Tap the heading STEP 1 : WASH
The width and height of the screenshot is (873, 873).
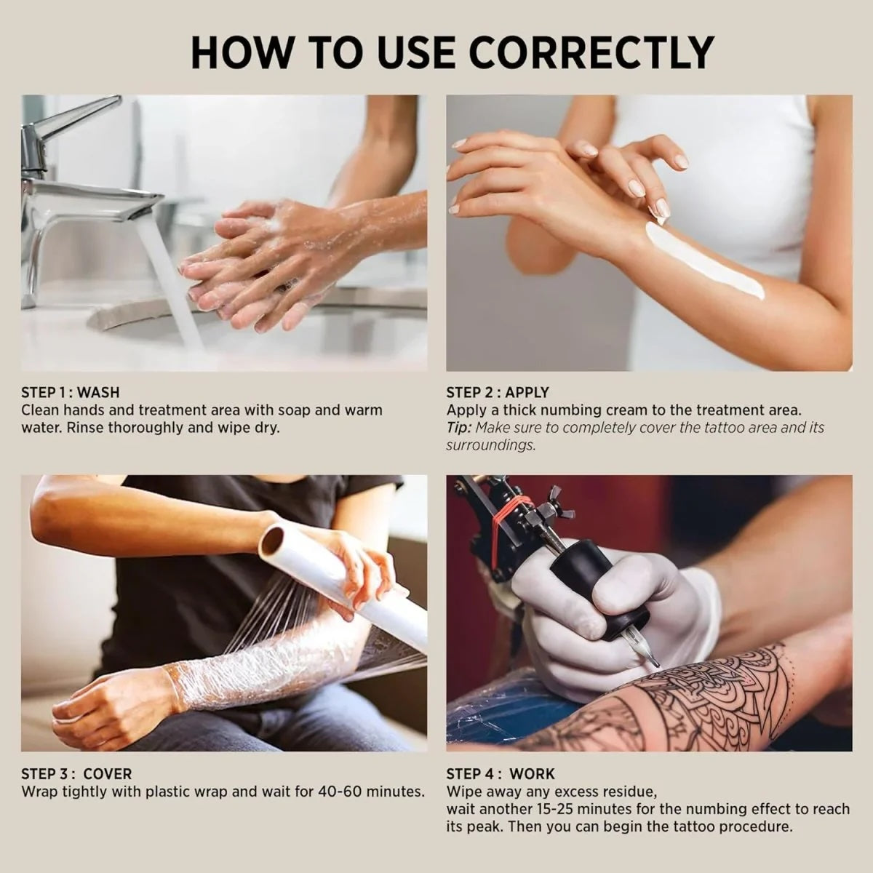click(70, 393)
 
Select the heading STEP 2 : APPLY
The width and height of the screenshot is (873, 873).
click(498, 393)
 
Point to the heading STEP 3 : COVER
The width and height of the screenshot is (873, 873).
click(76, 774)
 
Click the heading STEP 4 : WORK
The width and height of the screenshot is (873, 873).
click(501, 774)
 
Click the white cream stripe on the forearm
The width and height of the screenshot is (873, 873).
click(703, 259)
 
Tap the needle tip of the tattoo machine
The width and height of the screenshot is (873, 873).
click(655, 664)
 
